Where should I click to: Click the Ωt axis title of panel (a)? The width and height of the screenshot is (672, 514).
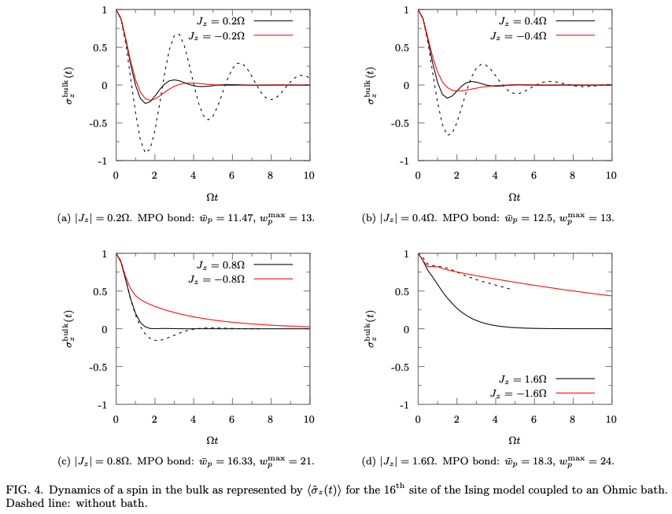coord(212,197)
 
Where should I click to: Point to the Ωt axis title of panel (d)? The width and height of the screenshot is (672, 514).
coord(514,441)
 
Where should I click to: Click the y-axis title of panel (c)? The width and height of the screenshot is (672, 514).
coord(81,329)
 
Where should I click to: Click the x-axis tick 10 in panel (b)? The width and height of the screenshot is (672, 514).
coord(611,174)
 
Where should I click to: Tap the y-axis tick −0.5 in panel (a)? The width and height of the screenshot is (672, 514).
coord(98,123)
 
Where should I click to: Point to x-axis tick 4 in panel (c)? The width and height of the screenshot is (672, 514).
coord(193,418)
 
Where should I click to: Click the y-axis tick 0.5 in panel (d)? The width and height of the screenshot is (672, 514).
coord(402,291)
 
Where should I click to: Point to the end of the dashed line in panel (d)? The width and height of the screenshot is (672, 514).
coord(510,289)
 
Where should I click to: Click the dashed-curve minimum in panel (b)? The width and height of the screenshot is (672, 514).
coord(449,135)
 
